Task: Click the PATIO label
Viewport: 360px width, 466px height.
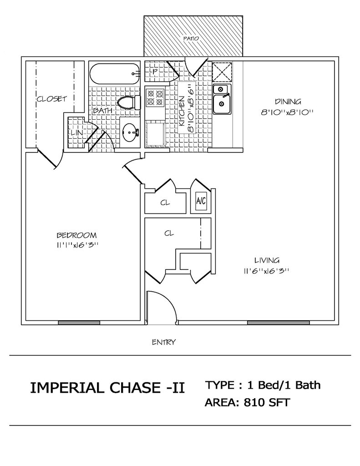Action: click(x=191, y=38)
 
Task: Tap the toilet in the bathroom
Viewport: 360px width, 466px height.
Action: click(x=129, y=102)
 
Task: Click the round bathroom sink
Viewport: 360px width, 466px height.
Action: click(x=130, y=132)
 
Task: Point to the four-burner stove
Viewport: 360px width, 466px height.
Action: click(x=155, y=98)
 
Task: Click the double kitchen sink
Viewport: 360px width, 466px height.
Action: click(x=222, y=99)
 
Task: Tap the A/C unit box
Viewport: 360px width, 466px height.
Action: click(x=201, y=202)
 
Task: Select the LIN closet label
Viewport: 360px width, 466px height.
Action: click(x=77, y=133)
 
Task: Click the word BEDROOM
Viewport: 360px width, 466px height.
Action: click(x=77, y=235)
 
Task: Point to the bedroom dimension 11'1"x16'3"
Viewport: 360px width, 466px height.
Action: click(x=77, y=245)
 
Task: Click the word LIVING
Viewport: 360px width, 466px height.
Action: click(x=267, y=261)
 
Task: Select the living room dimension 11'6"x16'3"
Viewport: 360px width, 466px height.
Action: click(x=267, y=271)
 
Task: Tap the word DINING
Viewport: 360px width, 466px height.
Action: click(x=288, y=101)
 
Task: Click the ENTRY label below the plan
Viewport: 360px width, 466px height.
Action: click(x=163, y=342)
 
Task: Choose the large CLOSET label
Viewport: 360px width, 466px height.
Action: click(x=52, y=99)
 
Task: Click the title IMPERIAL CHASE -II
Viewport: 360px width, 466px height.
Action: click(x=107, y=388)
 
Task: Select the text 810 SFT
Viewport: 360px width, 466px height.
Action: click(x=267, y=402)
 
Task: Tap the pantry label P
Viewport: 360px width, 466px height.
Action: click(x=154, y=71)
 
